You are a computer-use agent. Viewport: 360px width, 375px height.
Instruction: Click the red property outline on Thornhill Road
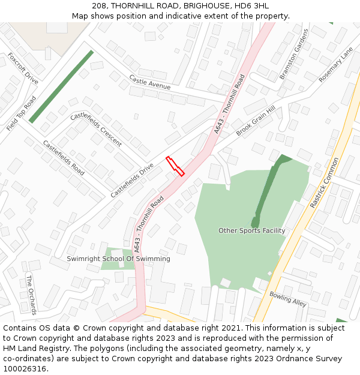pyautogui.click(x=175, y=166)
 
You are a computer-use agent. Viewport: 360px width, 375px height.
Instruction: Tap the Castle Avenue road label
pyautogui.click(x=150, y=82)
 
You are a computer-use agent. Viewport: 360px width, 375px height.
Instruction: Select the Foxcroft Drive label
pyautogui.click(x=23, y=68)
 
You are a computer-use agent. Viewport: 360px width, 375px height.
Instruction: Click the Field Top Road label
pyautogui.click(x=22, y=114)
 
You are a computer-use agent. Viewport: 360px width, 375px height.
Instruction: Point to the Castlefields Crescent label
pyautogui.click(x=96, y=129)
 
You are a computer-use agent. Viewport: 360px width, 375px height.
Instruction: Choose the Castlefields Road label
pyautogui.click(x=63, y=157)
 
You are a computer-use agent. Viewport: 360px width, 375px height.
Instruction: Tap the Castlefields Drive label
pyautogui.click(x=133, y=180)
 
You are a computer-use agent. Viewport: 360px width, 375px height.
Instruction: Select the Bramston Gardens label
pyautogui.click(x=293, y=54)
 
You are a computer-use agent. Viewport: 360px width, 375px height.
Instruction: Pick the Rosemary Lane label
pyautogui.click(x=336, y=65)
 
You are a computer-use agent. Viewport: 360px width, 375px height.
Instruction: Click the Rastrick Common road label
pyautogui.click(x=325, y=183)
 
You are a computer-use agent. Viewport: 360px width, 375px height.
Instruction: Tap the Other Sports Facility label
pyautogui.click(x=251, y=230)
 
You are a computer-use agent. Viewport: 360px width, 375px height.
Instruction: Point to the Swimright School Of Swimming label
pyautogui.click(x=118, y=259)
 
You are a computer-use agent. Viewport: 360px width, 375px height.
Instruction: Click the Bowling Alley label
pyautogui.click(x=288, y=298)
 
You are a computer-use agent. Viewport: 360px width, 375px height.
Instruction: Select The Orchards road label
pyautogui.click(x=31, y=295)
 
